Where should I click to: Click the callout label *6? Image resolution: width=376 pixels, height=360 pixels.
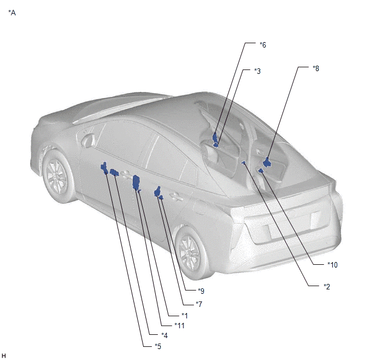coord(263,45)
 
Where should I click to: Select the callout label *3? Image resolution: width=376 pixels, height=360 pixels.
coord(257,71)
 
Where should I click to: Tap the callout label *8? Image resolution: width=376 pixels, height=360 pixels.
coord(316,68)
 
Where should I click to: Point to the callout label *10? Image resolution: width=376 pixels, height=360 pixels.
coord(332,265)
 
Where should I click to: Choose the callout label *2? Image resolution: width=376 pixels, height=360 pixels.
coord(327,286)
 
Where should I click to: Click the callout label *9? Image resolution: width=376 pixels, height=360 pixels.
coord(201,291)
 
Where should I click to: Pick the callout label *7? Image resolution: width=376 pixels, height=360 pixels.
coord(199,304)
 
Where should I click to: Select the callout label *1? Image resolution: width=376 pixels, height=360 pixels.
coord(184,315)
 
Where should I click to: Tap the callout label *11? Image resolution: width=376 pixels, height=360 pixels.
coord(179,326)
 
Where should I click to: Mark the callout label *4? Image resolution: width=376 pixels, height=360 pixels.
coord(164,335)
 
